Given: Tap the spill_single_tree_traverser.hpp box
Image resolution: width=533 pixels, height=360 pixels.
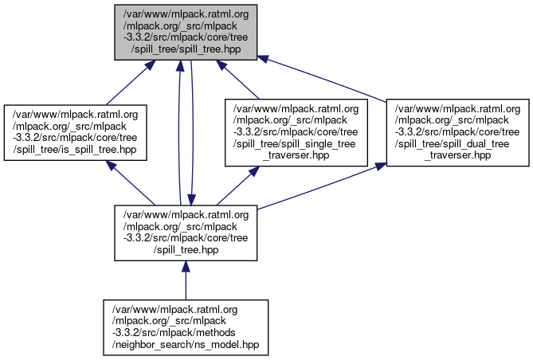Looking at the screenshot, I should (296, 132).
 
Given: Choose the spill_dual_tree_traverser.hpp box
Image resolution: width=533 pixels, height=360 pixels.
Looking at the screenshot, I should (457, 132).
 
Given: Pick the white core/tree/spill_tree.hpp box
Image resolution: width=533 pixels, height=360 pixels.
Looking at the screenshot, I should (186, 233).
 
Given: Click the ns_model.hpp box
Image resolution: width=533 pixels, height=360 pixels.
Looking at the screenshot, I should (186, 327).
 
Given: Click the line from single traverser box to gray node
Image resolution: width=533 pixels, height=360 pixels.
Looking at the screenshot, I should (242, 81).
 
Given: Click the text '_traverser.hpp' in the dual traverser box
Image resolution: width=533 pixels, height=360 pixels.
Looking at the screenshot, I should (457, 155).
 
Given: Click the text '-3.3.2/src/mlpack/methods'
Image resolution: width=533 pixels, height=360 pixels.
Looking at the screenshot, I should (186, 333).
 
